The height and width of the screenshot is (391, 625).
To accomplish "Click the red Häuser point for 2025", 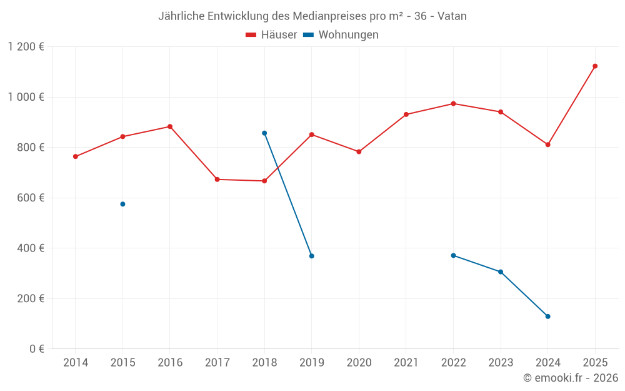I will pos(595,66).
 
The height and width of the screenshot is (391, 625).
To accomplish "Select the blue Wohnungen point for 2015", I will pos(122,204).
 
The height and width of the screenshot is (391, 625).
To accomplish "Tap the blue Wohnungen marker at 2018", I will pos(264,133).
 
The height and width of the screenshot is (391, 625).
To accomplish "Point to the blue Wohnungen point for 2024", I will pos(547,317).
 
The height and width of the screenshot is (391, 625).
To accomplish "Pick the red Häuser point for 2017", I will pos(217,180).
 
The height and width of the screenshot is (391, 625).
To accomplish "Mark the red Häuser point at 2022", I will pos(453,104).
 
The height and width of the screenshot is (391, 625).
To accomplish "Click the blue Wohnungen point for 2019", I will pos(311,256).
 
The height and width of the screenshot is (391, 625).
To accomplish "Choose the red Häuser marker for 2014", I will pos(76,156).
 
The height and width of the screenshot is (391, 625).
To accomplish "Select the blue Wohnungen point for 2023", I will pos(501,272).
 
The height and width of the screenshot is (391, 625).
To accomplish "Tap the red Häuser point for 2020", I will pos(359,152).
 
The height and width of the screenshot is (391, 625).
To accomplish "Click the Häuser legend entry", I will pos(271,35).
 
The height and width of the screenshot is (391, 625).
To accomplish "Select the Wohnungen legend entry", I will pos(341,35).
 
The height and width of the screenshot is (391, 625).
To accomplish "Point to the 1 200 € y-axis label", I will pos(26,47).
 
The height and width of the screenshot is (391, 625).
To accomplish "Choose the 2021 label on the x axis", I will pos(406,363).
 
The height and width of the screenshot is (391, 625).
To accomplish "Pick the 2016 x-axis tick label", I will pos(170,363).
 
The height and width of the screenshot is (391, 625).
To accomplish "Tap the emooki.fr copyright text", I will pos(571,378).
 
